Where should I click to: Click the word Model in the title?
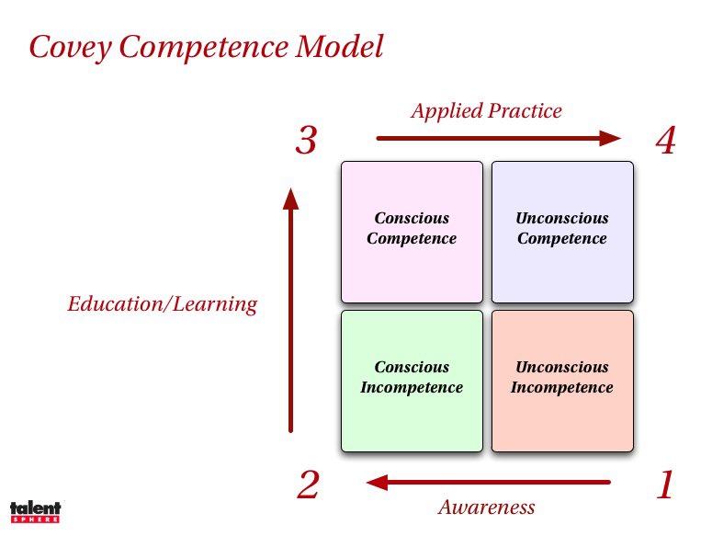(x=338, y=47)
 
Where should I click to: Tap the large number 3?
(x=307, y=141)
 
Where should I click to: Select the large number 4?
(x=666, y=141)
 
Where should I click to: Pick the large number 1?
(x=666, y=485)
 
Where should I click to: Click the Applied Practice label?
(x=486, y=111)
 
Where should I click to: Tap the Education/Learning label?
(x=163, y=304)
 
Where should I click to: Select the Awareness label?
(x=486, y=507)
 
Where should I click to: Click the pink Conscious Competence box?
(x=412, y=232)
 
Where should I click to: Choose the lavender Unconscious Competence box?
(x=562, y=232)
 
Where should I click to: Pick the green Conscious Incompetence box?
(x=412, y=381)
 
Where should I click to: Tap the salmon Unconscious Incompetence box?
(x=562, y=381)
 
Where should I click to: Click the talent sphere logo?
(x=35, y=512)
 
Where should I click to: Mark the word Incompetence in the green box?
(x=412, y=387)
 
